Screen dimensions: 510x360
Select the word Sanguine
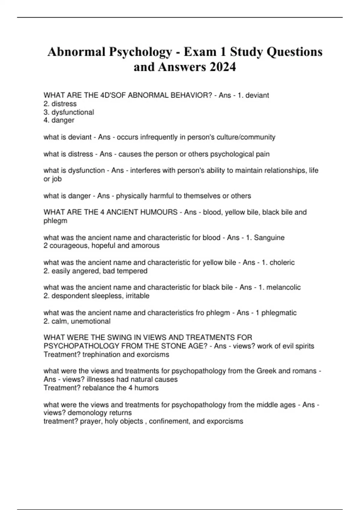[x=269, y=238]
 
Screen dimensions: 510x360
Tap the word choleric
[x=282, y=262]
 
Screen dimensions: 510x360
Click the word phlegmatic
[x=279, y=313]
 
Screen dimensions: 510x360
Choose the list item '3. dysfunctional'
[x=69, y=112]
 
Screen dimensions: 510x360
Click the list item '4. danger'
[x=59, y=120]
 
